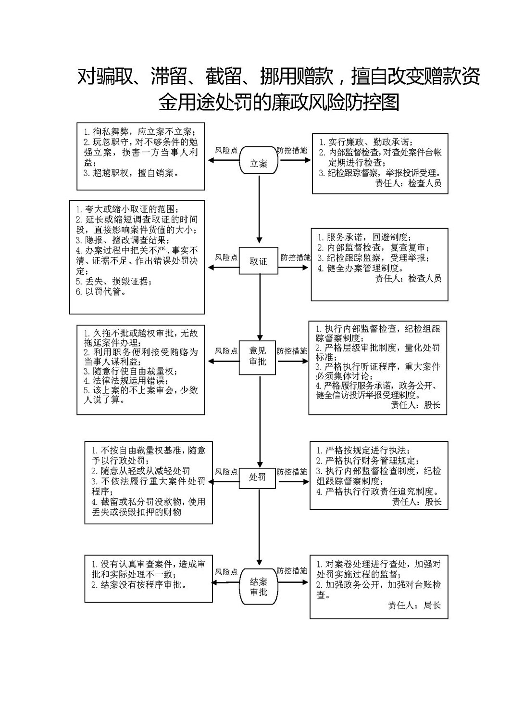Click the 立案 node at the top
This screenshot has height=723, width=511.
coord(258,160)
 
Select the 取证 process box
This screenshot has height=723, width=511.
coord(258,261)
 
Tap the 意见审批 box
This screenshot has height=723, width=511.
coord(257,358)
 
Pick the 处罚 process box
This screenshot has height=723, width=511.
coord(257,478)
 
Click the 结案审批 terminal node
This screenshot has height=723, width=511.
coord(258,586)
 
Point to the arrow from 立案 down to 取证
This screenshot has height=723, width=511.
coord(259,208)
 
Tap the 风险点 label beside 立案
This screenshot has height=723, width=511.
coord(226,150)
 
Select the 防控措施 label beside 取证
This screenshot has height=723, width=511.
coord(295,257)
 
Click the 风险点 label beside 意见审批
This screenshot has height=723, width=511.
coord(226,351)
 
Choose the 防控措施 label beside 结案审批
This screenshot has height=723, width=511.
coord(292,571)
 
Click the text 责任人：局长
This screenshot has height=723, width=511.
coord(414,606)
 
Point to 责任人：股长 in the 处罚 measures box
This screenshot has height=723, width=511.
coord(416,502)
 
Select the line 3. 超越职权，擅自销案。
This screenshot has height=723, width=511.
coord(131,173)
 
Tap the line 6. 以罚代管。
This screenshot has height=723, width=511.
coord(101,292)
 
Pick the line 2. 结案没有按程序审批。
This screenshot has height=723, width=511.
coord(139,585)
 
